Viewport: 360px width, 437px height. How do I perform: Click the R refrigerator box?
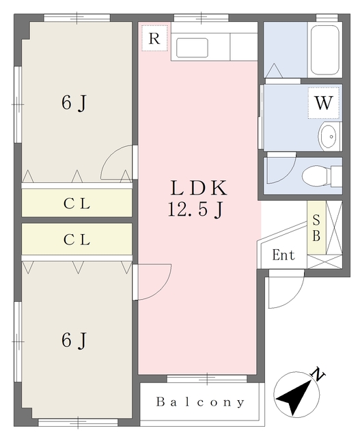(x=154, y=38)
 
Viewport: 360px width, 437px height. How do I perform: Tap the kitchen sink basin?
(x=192, y=47)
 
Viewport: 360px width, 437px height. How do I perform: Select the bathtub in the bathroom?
(x=324, y=50)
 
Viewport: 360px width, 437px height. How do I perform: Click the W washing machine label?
(x=323, y=104)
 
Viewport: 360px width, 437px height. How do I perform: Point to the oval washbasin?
(x=329, y=137)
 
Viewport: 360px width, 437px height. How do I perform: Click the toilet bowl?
(x=315, y=176)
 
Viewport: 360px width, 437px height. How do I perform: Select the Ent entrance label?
(x=283, y=255)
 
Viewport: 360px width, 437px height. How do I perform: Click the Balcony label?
(x=200, y=402)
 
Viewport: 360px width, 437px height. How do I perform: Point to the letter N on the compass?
(x=318, y=373)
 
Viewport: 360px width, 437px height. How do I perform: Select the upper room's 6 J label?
(x=73, y=103)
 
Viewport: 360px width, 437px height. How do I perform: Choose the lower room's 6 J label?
(x=73, y=339)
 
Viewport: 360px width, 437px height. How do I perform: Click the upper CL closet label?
(x=77, y=203)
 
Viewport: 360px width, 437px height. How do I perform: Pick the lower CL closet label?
(x=77, y=240)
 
